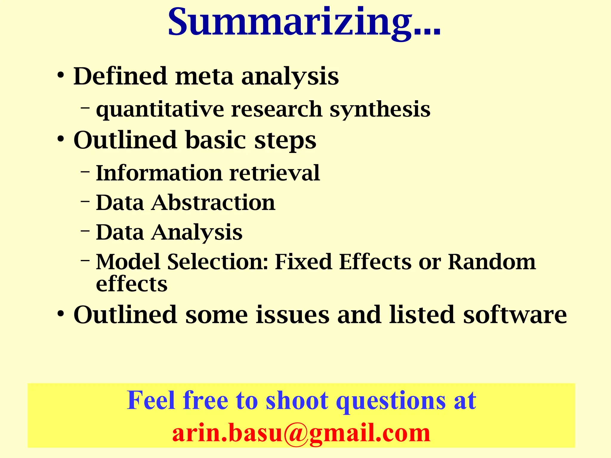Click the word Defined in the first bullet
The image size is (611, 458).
[x=120, y=76]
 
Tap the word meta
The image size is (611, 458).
[x=204, y=76]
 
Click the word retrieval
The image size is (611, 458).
[x=274, y=173]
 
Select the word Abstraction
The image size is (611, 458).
[x=213, y=203]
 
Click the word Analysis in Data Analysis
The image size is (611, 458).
[x=197, y=233]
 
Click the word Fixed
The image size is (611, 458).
[x=303, y=262]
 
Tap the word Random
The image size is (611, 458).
[x=492, y=262]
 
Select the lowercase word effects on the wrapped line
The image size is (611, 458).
[x=132, y=284]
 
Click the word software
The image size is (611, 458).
[x=515, y=315]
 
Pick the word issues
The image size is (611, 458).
[x=292, y=315]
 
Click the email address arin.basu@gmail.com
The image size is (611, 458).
[x=301, y=433]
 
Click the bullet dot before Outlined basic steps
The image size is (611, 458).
[x=61, y=139]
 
